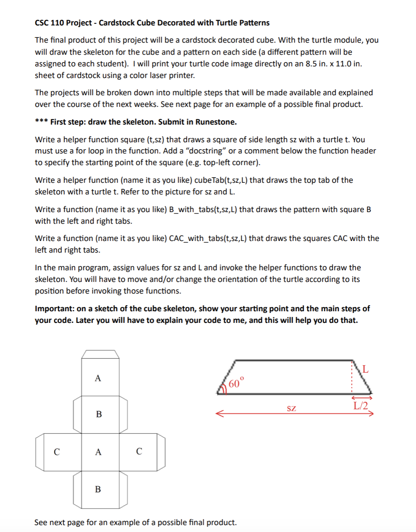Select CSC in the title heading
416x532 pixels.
[42, 23]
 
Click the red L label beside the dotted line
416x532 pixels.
[365, 369]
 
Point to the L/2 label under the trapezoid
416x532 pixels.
[361, 406]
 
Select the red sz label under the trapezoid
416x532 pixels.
[292, 408]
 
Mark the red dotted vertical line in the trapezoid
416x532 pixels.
[353, 377]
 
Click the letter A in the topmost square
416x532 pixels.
[98, 379]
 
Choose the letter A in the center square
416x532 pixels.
[98, 452]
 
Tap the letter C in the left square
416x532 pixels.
[57, 452]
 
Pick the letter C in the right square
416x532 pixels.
[139, 451]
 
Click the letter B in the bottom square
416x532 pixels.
[98, 489]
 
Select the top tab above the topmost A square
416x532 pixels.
[100, 354]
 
